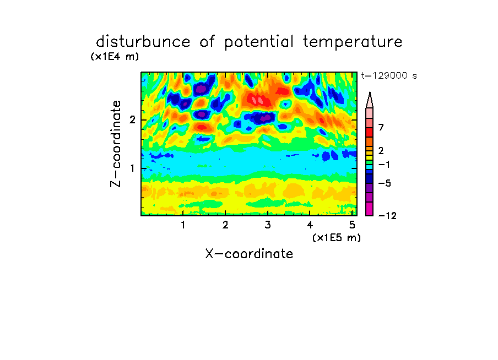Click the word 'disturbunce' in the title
tap(143, 42)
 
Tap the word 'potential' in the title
tap(259, 42)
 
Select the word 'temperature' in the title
tap(353, 42)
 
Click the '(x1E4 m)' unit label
tap(115, 57)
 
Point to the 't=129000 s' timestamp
tap(389, 75)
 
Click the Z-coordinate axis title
tap(116, 144)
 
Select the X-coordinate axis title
tap(250, 254)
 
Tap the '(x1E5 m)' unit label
tap(337, 238)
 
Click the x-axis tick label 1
tap(183, 225)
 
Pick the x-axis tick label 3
tap(268, 225)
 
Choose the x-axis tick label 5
tap(352, 225)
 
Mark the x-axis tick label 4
tap(310, 225)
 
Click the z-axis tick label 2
tap(132, 120)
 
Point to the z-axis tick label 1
tap(132, 168)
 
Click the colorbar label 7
tap(381, 127)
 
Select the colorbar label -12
tap(387, 216)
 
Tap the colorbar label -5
tap(385, 183)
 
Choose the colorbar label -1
tap(385, 165)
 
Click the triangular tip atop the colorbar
tap(370, 92)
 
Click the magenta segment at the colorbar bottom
tap(370, 209)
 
